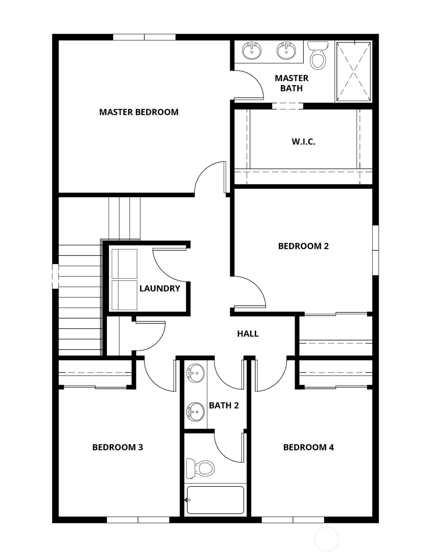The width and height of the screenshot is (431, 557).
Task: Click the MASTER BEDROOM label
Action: coord(139,112)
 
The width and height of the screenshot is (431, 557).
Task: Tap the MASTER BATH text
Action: coord(291,83)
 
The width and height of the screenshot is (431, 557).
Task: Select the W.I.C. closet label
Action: coord(303,142)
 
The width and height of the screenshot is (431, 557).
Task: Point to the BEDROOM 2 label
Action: coord(303,246)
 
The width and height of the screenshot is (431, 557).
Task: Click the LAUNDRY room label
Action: coord(160,288)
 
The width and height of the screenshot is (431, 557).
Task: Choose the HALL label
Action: coord(248,334)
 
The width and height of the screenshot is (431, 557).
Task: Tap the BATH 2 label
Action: coord(224,406)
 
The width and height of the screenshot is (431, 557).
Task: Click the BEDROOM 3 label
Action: coord(117,447)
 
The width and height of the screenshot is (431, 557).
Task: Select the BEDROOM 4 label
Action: coord(308,447)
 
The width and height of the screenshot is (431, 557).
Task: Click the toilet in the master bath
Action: coord(318,56)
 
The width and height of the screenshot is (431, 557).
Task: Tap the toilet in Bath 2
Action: coord(200,468)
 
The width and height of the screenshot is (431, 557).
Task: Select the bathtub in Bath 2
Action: coord(215,500)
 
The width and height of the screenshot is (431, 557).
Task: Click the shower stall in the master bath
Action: coord(353,72)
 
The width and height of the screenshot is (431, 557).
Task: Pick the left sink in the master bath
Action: coord(252,51)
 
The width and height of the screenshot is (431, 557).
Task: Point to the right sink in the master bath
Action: coord(286,51)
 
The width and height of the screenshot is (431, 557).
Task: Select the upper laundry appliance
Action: coord(124,264)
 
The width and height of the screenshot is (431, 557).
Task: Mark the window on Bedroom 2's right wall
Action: coord(375,250)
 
